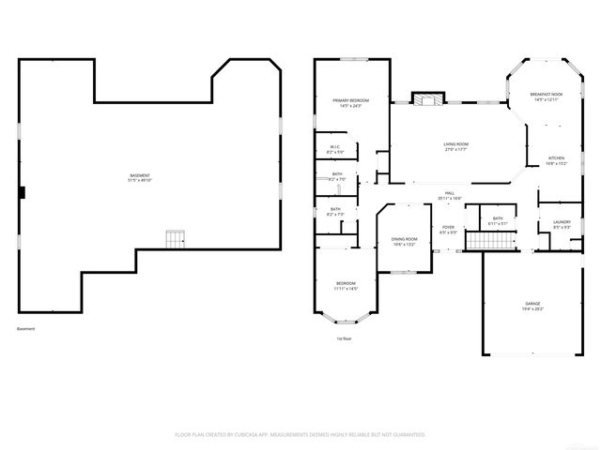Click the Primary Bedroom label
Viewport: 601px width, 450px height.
[x=350, y=102]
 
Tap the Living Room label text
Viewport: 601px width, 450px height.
[x=456, y=146]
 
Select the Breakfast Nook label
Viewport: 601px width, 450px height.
[x=546, y=97]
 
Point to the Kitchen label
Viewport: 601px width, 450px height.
[x=557, y=159]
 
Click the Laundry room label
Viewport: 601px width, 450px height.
[x=562, y=224]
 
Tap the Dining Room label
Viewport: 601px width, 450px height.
[x=404, y=241]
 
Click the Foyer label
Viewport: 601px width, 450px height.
[x=449, y=229]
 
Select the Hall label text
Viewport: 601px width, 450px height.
[x=451, y=196]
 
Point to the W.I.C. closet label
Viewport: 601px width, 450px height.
[x=333, y=149]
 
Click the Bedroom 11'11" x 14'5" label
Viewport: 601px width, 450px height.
[x=347, y=286]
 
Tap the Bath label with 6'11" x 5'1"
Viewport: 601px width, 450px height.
[x=497, y=221]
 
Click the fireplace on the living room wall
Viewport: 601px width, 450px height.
[x=428, y=97]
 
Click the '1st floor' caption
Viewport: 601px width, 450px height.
[x=344, y=338]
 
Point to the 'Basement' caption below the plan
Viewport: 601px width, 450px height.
[x=25, y=328]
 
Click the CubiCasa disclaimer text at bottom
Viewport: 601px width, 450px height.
[x=300, y=434]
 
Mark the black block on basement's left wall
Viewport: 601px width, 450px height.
[x=23, y=192]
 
